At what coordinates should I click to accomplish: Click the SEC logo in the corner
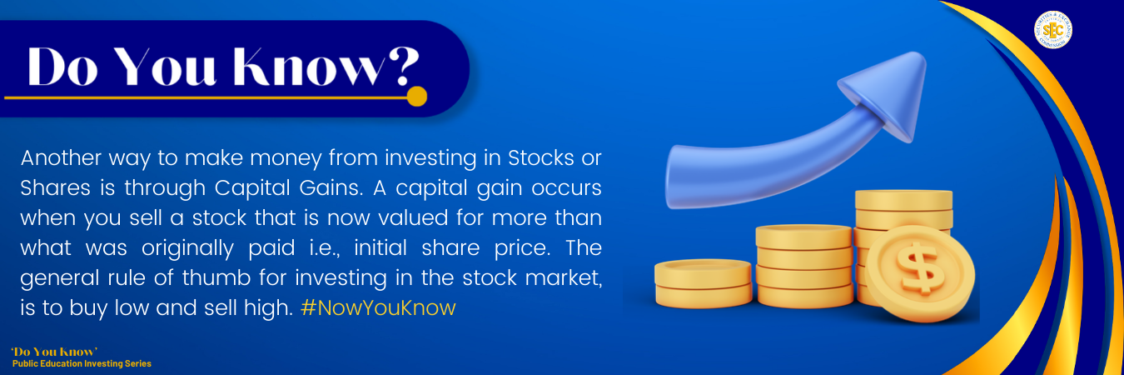click(1052, 30)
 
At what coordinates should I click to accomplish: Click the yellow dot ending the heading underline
click(416, 97)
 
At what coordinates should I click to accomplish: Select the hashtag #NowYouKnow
click(378, 307)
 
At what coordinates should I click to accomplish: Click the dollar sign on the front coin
click(920, 268)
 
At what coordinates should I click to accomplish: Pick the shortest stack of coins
click(703, 282)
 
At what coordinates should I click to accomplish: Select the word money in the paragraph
click(286, 159)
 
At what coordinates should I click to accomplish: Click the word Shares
click(55, 188)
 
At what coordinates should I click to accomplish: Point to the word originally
click(187, 249)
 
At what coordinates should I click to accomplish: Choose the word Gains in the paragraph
click(331, 188)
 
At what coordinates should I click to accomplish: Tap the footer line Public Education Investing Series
click(82, 363)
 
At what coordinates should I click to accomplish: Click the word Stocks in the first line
click(541, 158)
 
